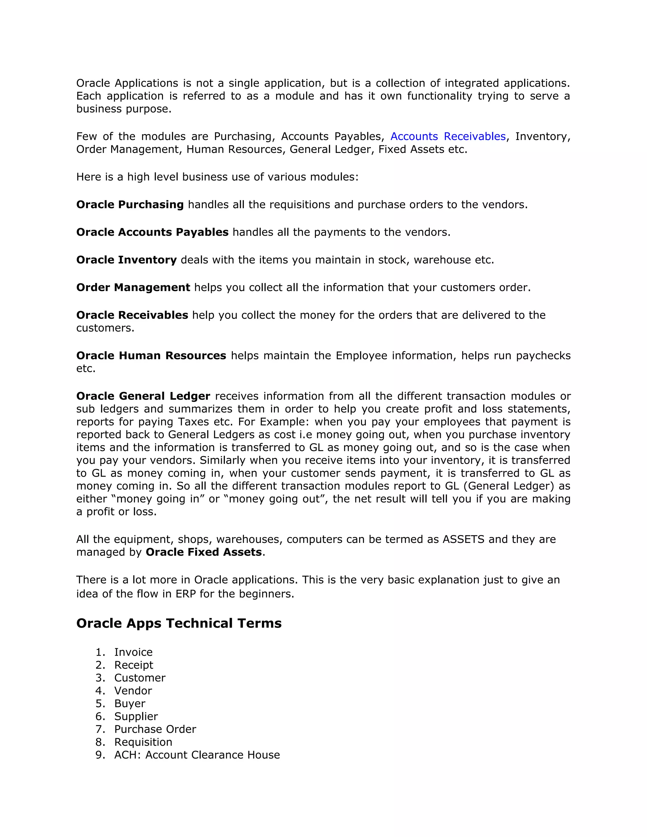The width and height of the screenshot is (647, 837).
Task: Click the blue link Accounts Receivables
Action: pyautogui.click(x=448, y=136)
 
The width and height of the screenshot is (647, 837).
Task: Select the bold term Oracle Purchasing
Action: pyautogui.click(x=130, y=205)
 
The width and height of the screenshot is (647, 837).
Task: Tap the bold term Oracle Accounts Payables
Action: pyautogui.click(x=152, y=232)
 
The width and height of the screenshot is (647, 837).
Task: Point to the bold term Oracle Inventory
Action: pyautogui.click(x=126, y=260)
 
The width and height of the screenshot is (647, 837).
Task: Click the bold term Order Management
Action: pyautogui.click(x=133, y=287)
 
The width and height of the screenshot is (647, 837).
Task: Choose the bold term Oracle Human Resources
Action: pyautogui.click(x=151, y=356)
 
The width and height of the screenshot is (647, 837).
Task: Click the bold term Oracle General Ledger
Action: pyautogui.click(x=143, y=396)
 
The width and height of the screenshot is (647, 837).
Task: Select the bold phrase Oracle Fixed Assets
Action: pyautogui.click(x=203, y=552)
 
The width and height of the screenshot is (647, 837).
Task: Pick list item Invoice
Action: pyautogui.click(x=133, y=652)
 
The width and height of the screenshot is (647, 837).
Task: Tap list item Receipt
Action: pyautogui.click(x=133, y=665)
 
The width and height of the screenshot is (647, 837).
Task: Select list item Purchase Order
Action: pyautogui.click(x=155, y=729)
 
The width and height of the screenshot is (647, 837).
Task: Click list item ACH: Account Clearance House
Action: pyautogui.click(x=197, y=755)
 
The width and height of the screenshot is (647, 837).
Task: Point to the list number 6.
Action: pyautogui.click(x=100, y=716)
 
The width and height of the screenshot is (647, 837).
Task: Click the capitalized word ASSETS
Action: pyautogui.click(x=463, y=539)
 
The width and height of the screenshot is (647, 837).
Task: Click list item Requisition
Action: pyautogui.click(x=143, y=742)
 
